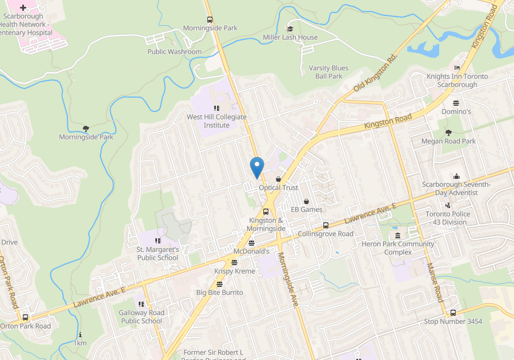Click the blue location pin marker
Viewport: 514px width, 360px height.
(257, 166)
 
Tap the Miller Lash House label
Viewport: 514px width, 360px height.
(290, 38)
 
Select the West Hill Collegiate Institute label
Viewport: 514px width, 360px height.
(216, 121)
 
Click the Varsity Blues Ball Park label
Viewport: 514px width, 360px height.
(328, 72)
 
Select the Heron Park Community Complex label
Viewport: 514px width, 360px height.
(397, 248)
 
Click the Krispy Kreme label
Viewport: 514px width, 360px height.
(234, 271)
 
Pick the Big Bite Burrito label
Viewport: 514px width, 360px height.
(219, 293)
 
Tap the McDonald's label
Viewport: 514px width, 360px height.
(251, 251)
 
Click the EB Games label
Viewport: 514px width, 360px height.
(307, 210)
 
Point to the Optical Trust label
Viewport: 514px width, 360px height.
(279, 187)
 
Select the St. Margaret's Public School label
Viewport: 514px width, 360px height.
(158, 254)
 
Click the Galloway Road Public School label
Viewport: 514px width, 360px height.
(142, 317)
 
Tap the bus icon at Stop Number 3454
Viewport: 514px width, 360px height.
(453, 313)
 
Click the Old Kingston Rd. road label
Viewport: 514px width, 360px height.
(375, 72)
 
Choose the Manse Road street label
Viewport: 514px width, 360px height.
(435, 283)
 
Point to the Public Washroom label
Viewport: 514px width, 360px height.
(174, 52)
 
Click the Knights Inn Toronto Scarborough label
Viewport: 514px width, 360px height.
(457, 81)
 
